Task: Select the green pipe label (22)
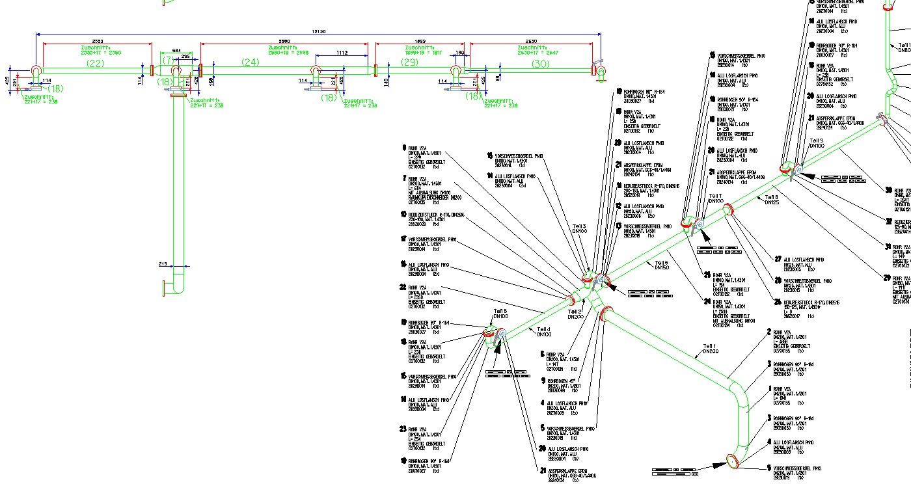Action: [95, 63]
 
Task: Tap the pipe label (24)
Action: [251, 62]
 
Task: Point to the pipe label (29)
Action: [409, 62]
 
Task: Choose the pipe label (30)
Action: [540, 64]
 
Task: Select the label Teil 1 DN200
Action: [709, 349]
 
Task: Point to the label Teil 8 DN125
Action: [771, 200]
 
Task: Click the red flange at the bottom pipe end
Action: [734, 462]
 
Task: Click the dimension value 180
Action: [460, 53]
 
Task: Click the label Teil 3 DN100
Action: [578, 230]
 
